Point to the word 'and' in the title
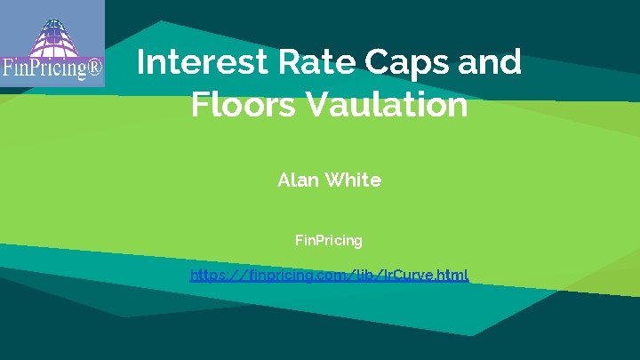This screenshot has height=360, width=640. (x=489, y=63)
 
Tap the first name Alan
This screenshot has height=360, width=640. (x=297, y=180)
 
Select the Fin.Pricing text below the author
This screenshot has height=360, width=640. (x=328, y=240)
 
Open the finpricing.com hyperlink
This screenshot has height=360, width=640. (x=329, y=275)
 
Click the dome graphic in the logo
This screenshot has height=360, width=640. (x=51, y=32)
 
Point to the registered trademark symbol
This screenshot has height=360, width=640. (x=92, y=68)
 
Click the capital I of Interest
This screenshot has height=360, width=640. (x=141, y=63)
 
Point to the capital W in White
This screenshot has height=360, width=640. (x=335, y=180)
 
